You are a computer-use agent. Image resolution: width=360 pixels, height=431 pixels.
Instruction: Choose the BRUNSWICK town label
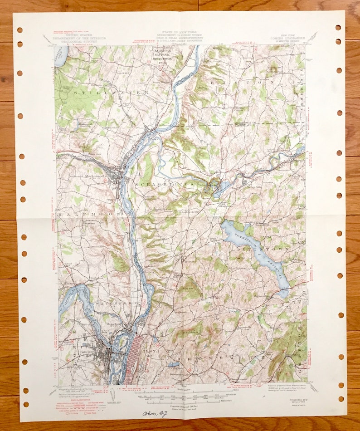pos(222,358)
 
